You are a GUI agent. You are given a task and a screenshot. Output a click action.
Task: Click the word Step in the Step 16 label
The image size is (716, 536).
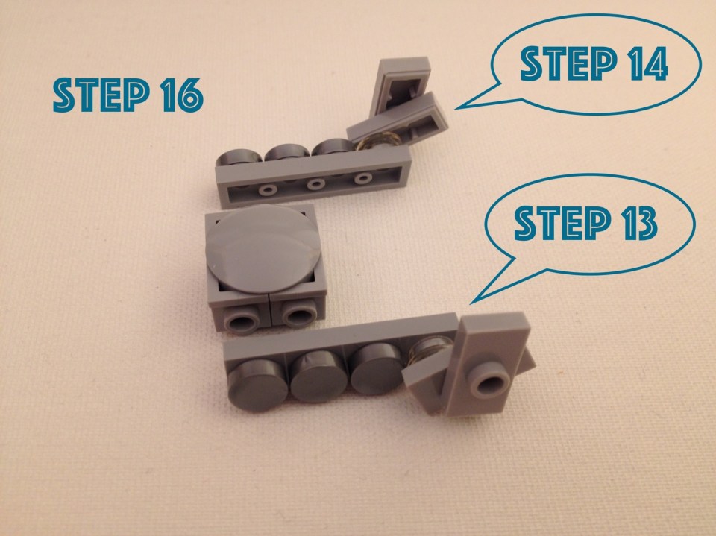point(101,95)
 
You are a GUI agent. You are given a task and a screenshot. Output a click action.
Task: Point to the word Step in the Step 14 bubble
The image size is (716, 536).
point(569,63)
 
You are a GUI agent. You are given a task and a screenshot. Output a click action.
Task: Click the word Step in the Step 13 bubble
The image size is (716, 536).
point(562,223)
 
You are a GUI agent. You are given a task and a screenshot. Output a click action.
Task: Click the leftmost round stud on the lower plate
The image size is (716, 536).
point(257,382)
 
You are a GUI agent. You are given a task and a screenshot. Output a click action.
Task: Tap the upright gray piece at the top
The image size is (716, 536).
point(398,86)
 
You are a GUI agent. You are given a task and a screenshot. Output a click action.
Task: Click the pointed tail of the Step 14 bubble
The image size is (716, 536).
point(456,109)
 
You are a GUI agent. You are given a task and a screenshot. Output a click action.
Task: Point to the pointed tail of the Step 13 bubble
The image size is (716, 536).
point(471,303)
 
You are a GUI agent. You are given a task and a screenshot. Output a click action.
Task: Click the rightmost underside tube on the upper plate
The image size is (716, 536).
point(362,178)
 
